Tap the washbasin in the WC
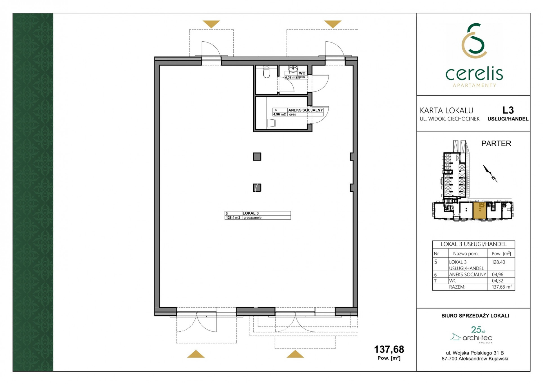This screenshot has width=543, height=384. [x=293, y=69]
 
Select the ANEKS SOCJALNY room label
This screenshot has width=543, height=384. [x=305, y=110]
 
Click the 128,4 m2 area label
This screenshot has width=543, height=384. [x=233, y=218]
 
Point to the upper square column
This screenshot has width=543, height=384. [x=257, y=157]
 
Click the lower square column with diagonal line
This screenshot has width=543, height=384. [x=257, y=187]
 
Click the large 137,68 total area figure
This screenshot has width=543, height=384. [x=389, y=349]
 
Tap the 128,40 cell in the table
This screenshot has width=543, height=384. [x=499, y=262]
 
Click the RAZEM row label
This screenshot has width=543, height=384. [x=457, y=287]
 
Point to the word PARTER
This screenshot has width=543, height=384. [x=496, y=144]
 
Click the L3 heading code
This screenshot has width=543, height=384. [x=508, y=110]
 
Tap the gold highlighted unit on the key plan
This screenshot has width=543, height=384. [x=480, y=211]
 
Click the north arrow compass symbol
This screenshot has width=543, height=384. [x=490, y=173]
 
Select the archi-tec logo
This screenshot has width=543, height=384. [x=472, y=335]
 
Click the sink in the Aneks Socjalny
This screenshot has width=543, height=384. [x=271, y=123]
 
